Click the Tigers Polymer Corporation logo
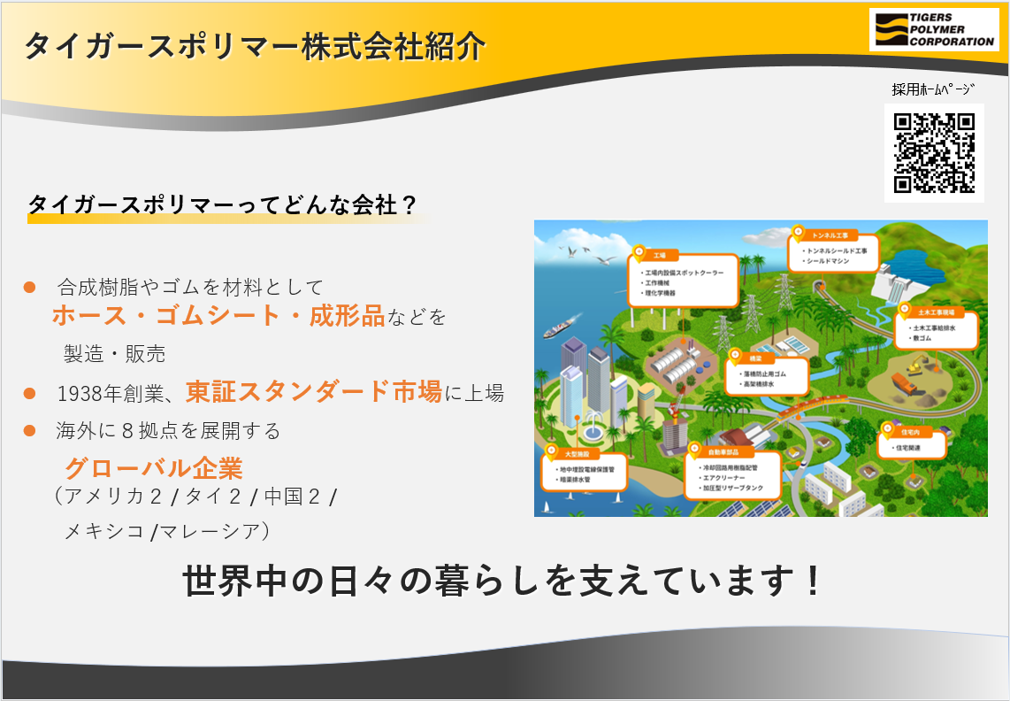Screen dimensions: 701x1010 933,29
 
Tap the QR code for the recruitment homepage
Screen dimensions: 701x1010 934,152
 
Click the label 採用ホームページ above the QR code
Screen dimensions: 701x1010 933,89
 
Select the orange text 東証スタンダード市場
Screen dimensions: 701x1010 313,391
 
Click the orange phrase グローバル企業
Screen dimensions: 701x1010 154,467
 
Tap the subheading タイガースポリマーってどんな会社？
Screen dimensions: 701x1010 222,204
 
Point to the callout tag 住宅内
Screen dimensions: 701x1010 910,433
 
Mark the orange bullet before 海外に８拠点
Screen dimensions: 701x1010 29,431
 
